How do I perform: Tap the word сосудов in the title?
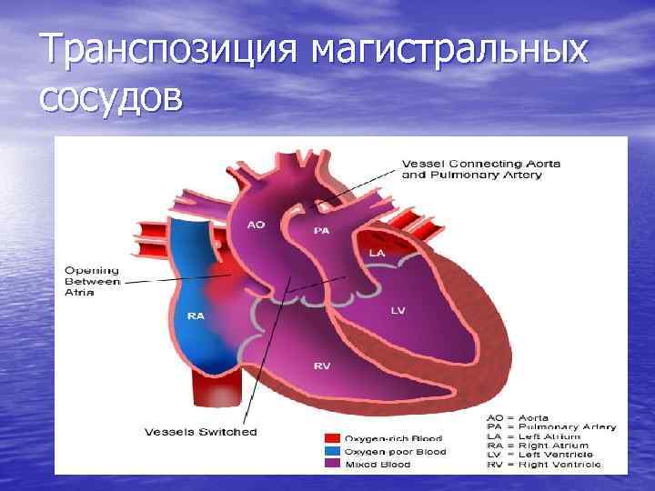tap(110, 96)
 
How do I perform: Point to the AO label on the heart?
tap(257, 224)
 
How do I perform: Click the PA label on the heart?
tap(321, 231)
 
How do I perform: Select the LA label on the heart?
tap(376, 252)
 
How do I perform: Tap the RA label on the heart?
tap(195, 316)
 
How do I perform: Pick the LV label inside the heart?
tap(398, 310)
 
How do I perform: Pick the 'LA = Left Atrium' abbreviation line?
tap(538, 436)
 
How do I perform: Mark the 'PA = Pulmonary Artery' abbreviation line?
tap(551, 427)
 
